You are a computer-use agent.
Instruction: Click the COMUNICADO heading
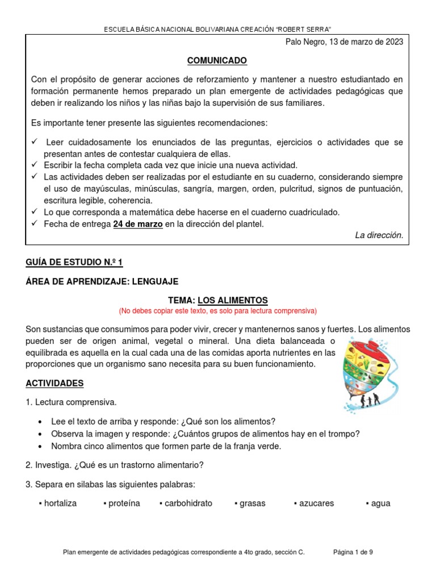click(x=217, y=61)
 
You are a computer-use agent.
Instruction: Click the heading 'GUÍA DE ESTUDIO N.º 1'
click(x=74, y=262)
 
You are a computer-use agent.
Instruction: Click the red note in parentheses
click(x=217, y=311)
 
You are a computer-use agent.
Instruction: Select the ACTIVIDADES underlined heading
click(x=54, y=383)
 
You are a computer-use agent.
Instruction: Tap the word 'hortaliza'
click(x=60, y=503)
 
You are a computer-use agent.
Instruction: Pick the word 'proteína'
click(x=124, y=503)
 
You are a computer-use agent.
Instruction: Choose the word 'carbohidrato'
click(x=188, y=503)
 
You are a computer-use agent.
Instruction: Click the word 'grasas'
click(x=253, y=503)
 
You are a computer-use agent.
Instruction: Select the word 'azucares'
click(x=316, y=503)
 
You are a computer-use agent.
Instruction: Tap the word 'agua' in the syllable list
click(x=380, y=503)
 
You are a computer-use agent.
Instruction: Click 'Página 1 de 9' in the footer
click(x=353, y=551)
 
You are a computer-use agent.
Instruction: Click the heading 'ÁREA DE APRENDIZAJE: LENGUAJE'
click(x=102, y=281)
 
